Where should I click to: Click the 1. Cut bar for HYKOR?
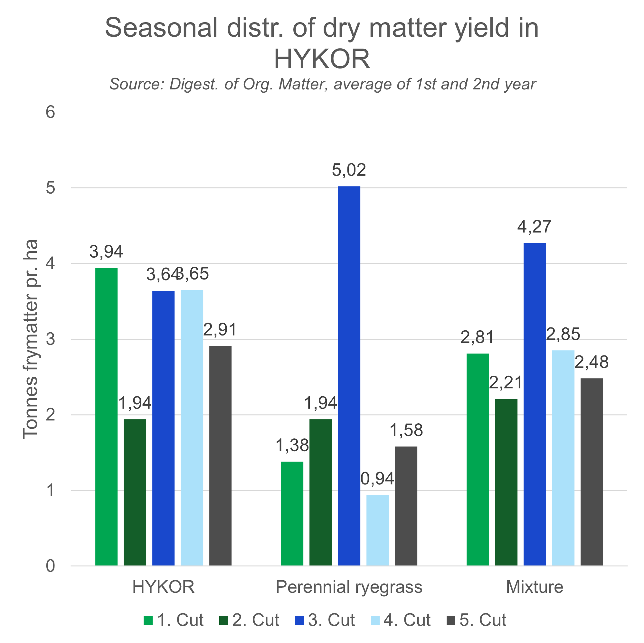point(106,417)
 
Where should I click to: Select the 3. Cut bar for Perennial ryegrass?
point(349,376)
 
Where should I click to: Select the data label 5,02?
point(349,170)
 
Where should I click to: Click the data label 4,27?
point(534,226)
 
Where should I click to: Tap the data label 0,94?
point(377,479)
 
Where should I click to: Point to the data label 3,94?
point(106,252)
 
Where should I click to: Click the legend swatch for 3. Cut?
point(299,620)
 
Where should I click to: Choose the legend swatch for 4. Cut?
point(375,620)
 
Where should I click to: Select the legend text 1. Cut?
point(180,620)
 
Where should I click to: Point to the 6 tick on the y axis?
point(50,112)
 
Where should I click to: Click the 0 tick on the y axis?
point(50,566)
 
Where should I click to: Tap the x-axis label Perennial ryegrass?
point(349,587)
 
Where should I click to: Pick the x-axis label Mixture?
point(534,587)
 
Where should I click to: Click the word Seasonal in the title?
point(161,28)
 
